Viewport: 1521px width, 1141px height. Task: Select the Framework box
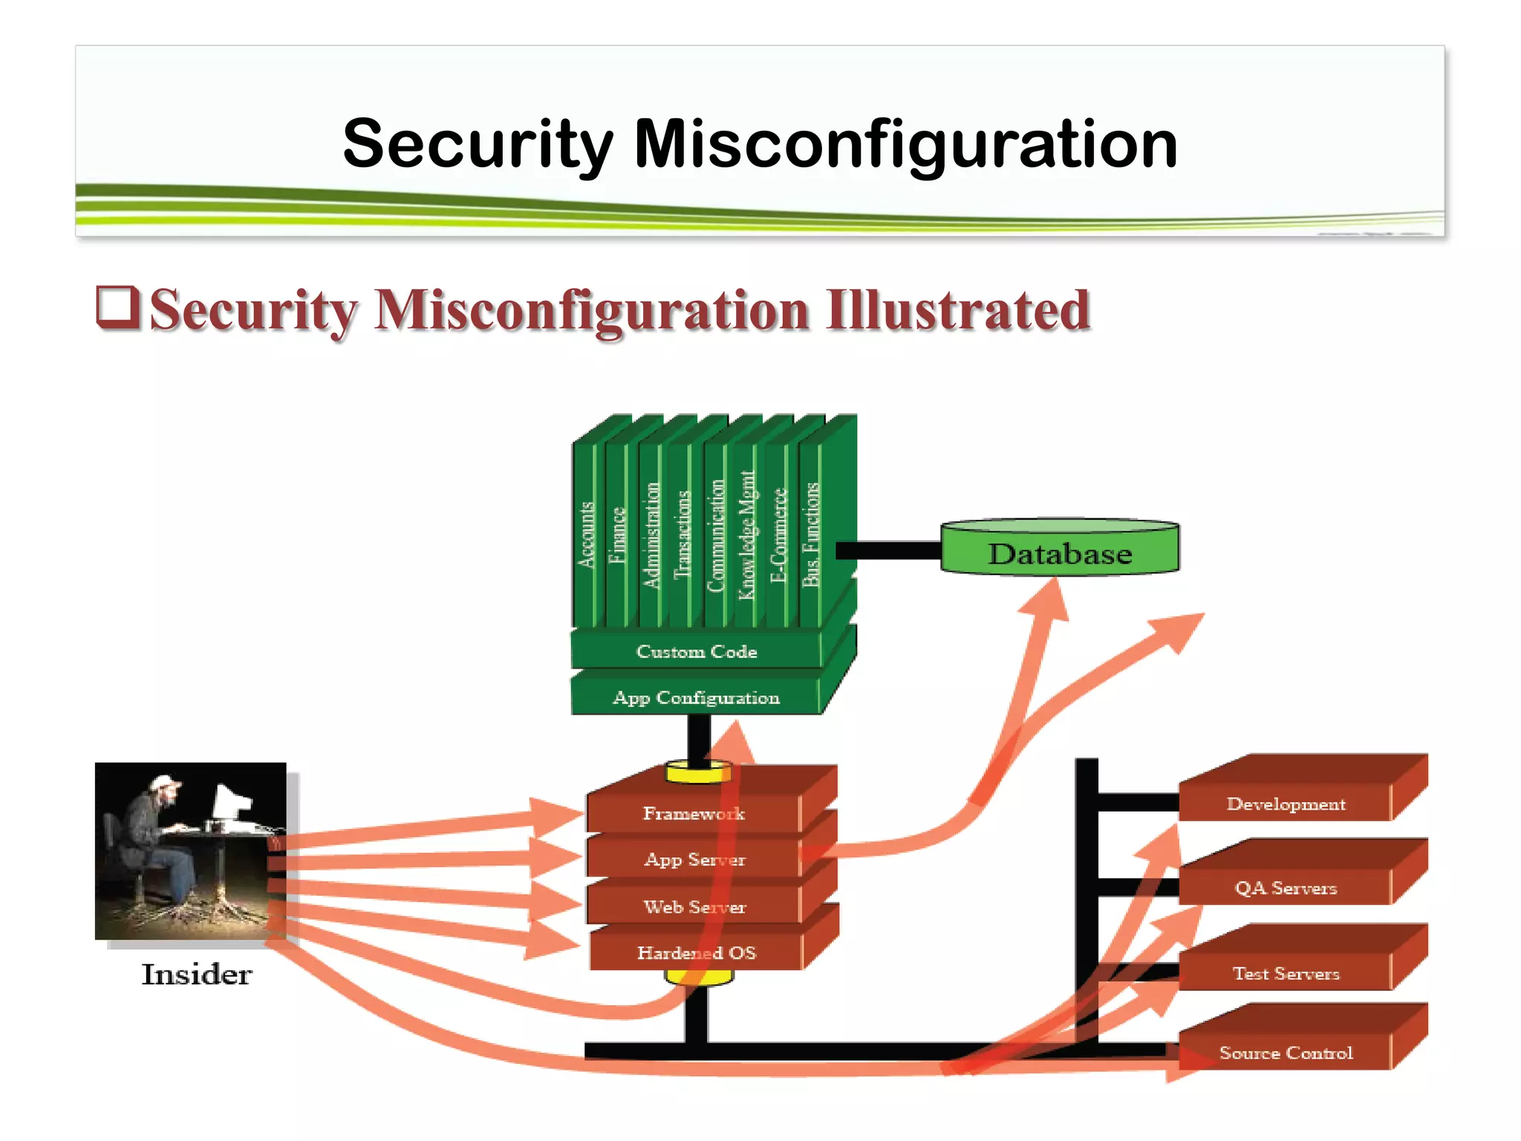click(693, 813)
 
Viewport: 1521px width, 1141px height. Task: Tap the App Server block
click(694, 859)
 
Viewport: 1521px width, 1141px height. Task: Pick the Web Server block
click(694, 906)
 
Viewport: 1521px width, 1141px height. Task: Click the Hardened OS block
click(695, 952)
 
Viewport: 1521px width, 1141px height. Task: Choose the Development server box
click(1286, 804)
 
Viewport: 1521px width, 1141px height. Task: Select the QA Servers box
click(1286, 888)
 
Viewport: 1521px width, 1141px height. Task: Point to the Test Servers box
click(1286, 973)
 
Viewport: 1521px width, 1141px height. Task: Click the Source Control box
click(1286, 1053)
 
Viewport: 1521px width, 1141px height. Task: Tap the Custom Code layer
click(696, 651)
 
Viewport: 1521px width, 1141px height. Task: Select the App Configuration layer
click(696, 698)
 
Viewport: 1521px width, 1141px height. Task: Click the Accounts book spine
click(587, 535)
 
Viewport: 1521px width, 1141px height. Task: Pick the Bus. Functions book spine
click(811, 535)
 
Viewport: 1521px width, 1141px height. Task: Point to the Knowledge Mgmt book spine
click(746, 535)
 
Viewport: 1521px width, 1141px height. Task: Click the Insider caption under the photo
click(196, 974)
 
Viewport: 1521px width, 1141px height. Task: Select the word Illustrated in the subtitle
click(958, 310)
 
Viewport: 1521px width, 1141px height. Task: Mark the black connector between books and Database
click(888, 550)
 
